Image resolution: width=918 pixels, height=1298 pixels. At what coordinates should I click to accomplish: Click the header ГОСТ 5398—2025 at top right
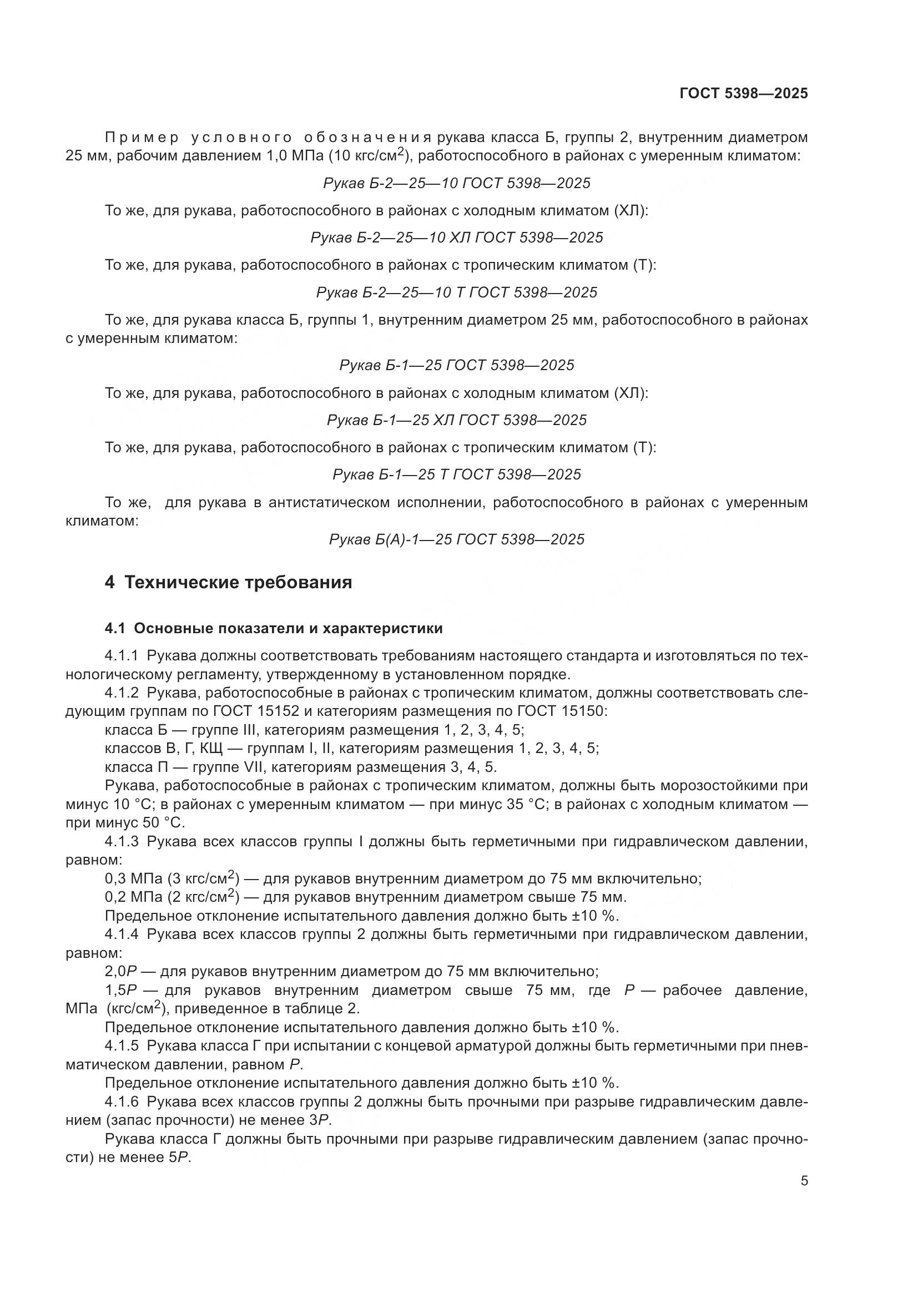[x=743, y=93]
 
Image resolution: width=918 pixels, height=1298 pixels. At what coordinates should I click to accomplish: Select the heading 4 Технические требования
[x=228, y=582]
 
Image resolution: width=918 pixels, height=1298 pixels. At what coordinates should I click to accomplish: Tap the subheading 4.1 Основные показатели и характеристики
[x=274, y=629]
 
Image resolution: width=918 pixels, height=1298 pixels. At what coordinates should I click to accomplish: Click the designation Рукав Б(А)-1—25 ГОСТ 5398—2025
[x=457, y=539]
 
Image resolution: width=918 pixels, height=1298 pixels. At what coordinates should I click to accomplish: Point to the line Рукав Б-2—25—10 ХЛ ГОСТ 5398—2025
[x=457, y=238]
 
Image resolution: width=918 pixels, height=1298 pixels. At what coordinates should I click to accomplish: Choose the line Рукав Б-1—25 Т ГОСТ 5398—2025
[x=457, y=474]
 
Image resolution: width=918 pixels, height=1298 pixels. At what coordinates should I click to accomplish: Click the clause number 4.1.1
[x=122, y=656]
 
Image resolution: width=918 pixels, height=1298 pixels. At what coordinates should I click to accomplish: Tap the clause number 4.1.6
[x=122, y=1102]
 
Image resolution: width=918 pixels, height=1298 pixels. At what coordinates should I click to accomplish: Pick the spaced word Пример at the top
[x=142, y=138]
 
